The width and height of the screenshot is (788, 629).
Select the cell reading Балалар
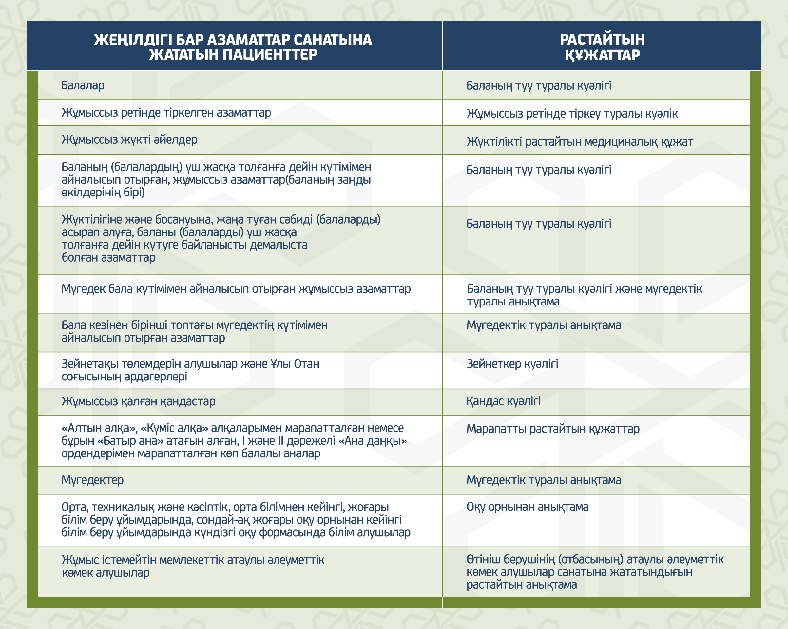click(83, 85)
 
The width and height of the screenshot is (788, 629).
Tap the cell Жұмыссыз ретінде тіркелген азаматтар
click(166, 113)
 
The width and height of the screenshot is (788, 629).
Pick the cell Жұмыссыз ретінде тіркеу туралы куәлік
click(572, 114)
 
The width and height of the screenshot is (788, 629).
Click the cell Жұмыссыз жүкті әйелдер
click(129, 139)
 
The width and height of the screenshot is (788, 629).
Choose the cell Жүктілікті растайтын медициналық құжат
click(580, 142)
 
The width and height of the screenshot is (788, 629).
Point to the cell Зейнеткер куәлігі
click(512, 364)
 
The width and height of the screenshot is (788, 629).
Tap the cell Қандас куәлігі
click(503, 401)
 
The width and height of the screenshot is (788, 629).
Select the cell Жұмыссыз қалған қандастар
click(138, 401)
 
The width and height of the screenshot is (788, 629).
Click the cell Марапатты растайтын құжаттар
click(553, 429)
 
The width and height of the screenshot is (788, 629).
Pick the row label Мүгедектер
click(92, 480)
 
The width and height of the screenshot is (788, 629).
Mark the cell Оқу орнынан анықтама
click(527, 507)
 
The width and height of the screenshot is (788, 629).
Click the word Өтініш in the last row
click(483, 559)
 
